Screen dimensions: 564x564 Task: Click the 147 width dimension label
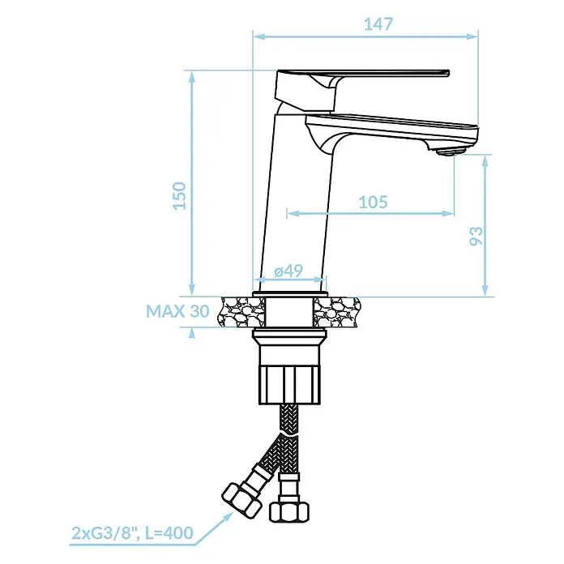378,24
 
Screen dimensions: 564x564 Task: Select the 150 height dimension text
179,195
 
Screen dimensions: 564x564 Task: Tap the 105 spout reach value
373,202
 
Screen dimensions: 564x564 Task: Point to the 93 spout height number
476,236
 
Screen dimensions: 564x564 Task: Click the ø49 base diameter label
288,271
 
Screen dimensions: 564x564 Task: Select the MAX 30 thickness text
177,311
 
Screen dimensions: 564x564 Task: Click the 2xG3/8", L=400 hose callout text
132,532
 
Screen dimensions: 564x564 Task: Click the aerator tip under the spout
446,151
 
